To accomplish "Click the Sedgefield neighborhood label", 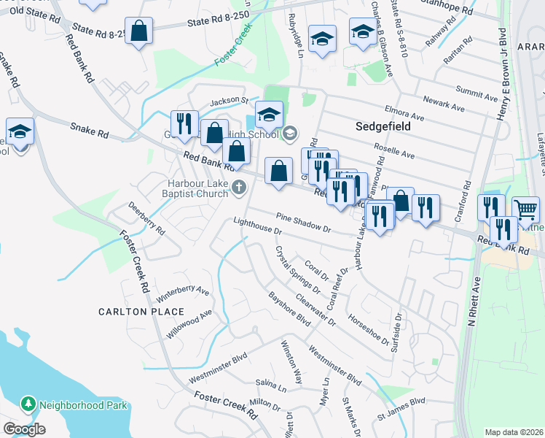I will [x=383, y=126].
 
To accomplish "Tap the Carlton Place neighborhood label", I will [x=141, y=312].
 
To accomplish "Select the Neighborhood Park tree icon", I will [x=28, y=403].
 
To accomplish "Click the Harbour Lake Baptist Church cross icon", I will [x=238, y=189].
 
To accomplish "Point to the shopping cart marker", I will [x=525, y=210].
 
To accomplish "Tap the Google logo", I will [x=24, y=429].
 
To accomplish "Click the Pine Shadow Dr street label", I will [x=303, y=223].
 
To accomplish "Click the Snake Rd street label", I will [x=89, y=131].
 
